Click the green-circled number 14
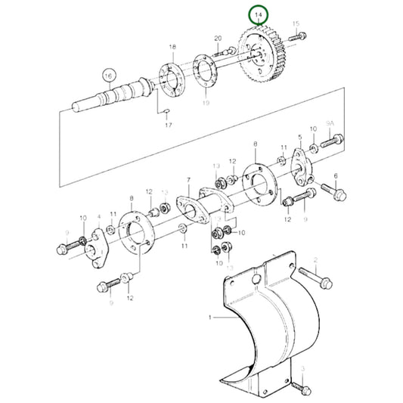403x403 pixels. tap(259, 14)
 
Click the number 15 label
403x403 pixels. tap(296, 24)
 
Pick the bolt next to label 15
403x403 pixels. tap(300, 36)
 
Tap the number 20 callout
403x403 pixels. tap(218, 38)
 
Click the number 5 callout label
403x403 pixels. tap(299, 138)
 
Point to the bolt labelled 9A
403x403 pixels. tap(332, 141)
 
